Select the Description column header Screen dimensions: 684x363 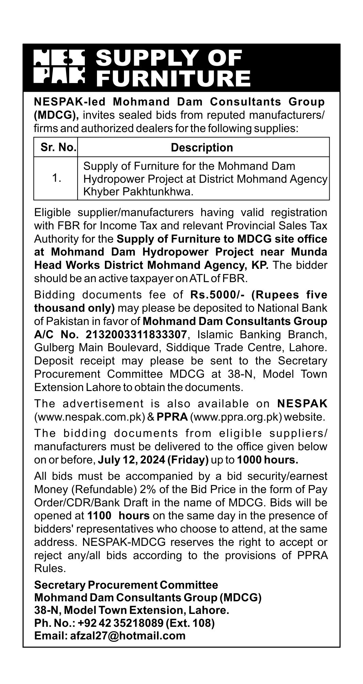click(x=202, y=147)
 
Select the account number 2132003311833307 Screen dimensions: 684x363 click(x=136, y=335)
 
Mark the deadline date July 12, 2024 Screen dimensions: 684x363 click(x=131, y=460)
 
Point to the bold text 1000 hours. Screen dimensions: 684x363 click(x=268, y=460)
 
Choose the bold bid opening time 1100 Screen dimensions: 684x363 click(x=99, y=516)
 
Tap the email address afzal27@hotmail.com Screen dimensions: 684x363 click(x=127, y=635)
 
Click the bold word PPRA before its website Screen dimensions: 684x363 click(x=172, y=417)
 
